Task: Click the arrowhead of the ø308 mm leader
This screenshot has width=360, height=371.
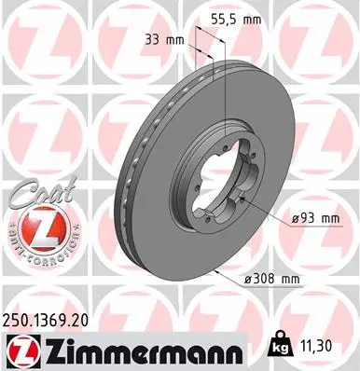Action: (x=215, y=269)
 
